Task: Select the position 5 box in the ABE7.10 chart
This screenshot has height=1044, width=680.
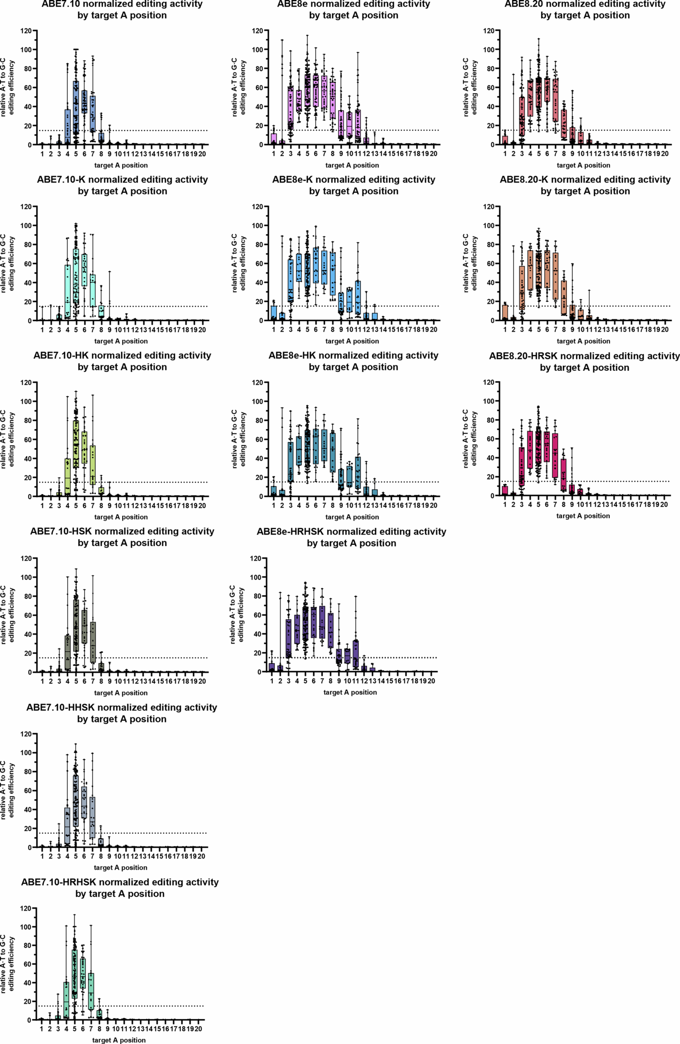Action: [76, 110]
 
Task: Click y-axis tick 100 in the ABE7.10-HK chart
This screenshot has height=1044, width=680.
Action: [27, 401]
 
